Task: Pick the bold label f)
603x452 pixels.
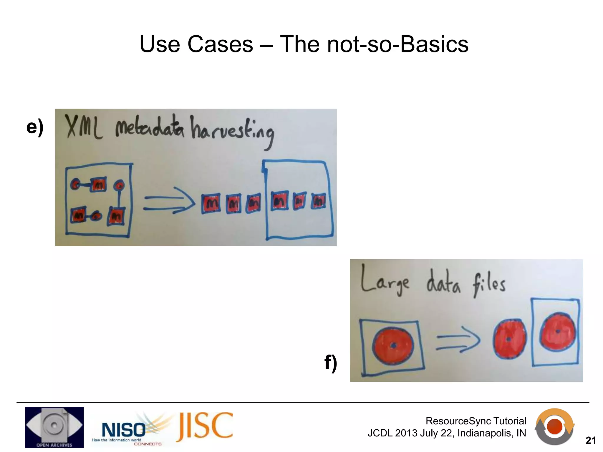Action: click(331, 363)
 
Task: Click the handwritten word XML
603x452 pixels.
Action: click(83, 127)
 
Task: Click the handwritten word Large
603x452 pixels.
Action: click(385, 280)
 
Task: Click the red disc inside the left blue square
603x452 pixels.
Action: click(393, 346)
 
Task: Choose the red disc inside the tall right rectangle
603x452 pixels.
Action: click(557, 332)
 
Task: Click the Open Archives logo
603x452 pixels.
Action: click(54, 427)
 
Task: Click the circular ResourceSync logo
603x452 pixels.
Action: click(554, 426)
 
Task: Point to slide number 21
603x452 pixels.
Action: click(591, 440)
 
